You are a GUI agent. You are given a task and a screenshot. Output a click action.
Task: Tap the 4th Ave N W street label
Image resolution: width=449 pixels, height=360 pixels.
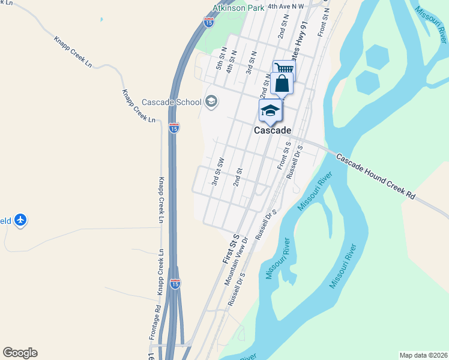pyautogui.click(x=286, y=6)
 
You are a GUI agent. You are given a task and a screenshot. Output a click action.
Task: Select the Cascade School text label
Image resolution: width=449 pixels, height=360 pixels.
pyautogui.click(x=172, y=102)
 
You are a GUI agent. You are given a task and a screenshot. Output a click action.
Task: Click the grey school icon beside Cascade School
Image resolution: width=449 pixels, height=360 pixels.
pyautogui.click(x=211, y=101)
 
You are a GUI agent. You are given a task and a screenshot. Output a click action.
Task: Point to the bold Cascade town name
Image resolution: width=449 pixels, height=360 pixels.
pyautogui.click(x=273, y=130)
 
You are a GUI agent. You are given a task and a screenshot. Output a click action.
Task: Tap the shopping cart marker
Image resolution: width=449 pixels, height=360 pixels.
pyautogui.click(x=284, y=69)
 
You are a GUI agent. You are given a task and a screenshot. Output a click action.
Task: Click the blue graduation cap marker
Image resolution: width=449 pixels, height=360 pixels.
pyautogui.click(x=270, y=110)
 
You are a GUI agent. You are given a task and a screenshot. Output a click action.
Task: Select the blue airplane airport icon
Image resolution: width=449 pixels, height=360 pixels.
pyautogui.click(x=22, y=220)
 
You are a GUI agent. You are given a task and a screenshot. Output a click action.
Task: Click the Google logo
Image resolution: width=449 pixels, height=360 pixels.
pyautogui.click(x=20, y=353)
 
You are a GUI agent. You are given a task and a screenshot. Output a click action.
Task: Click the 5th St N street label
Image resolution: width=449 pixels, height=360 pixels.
pyautogui.click(x=221, y=59)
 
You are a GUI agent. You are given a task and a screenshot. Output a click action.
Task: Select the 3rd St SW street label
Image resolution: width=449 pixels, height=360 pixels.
pyautogui.click(x=218, y=171)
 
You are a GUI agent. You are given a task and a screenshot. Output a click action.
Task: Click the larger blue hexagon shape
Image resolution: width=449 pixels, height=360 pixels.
pyautogui.click(x=376, y=58)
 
